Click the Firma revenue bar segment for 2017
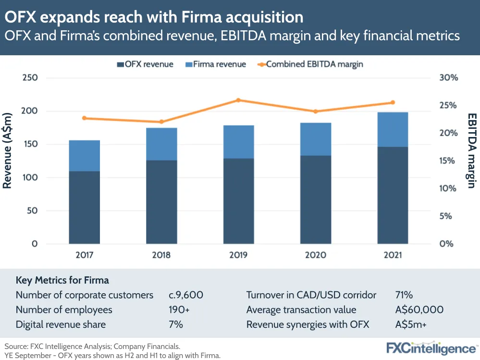coord(84,156)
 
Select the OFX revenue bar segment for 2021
coord(393,195)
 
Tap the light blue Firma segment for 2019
coord(238,142)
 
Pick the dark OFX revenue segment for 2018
coord(161,201)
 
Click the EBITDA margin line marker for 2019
coord(238,100)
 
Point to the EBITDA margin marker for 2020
coord(316,112)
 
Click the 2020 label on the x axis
coord(316,255)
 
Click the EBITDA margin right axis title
coord(472,150)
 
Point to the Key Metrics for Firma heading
coord(62,280)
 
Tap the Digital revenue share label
coord(61,324)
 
